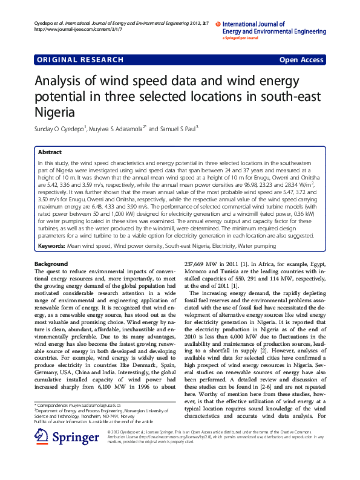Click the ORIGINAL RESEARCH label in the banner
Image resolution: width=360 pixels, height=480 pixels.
click(80, 60)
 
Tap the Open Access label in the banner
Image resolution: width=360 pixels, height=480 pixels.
click(301, 60)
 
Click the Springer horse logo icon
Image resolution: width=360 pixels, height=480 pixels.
click(41, 437)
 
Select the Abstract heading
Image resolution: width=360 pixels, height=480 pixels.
click(50, 152)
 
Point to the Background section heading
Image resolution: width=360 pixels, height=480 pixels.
click(51, 264)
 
